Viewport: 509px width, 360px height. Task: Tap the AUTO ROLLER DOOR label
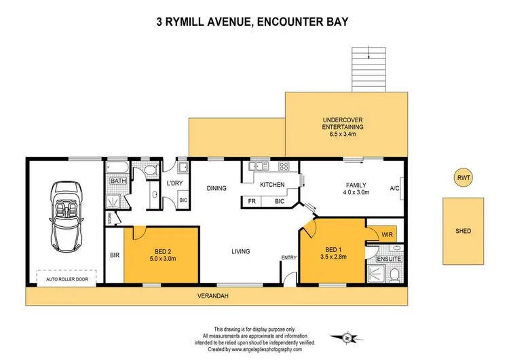coord(67,278)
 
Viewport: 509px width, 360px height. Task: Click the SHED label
coord(464,231)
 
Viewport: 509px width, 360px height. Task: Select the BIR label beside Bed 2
coord(114,256)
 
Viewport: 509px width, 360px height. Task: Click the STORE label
coord(109,218)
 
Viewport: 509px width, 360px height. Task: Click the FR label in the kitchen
coord(252,201)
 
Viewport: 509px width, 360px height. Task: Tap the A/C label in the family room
coord(396,189)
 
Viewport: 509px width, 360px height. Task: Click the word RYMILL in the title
coord(197,22)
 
